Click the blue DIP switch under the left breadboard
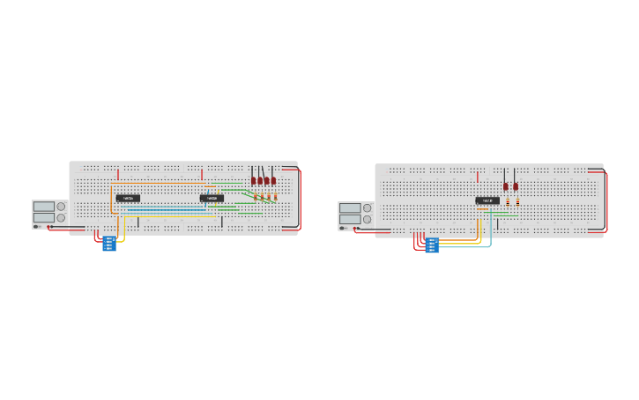(109, 244)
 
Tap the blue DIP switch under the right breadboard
(432, 245)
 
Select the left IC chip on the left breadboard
(128, 198)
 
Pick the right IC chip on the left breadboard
(212, 198)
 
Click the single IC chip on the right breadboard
(487, 200)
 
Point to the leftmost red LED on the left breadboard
(253, 181)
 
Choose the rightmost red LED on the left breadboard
(273, 181)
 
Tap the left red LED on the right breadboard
(506, 186)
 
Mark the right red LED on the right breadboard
(516, 186)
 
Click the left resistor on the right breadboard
(508, 202)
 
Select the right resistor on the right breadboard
(517, 202)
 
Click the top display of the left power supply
(44, 207)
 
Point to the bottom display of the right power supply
(350, 219)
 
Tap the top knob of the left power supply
(61, 207)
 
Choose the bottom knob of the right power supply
(367, 219)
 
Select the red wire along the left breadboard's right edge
(300, 199)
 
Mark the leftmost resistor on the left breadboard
(256, 197)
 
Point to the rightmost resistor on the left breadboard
(276, 197)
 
